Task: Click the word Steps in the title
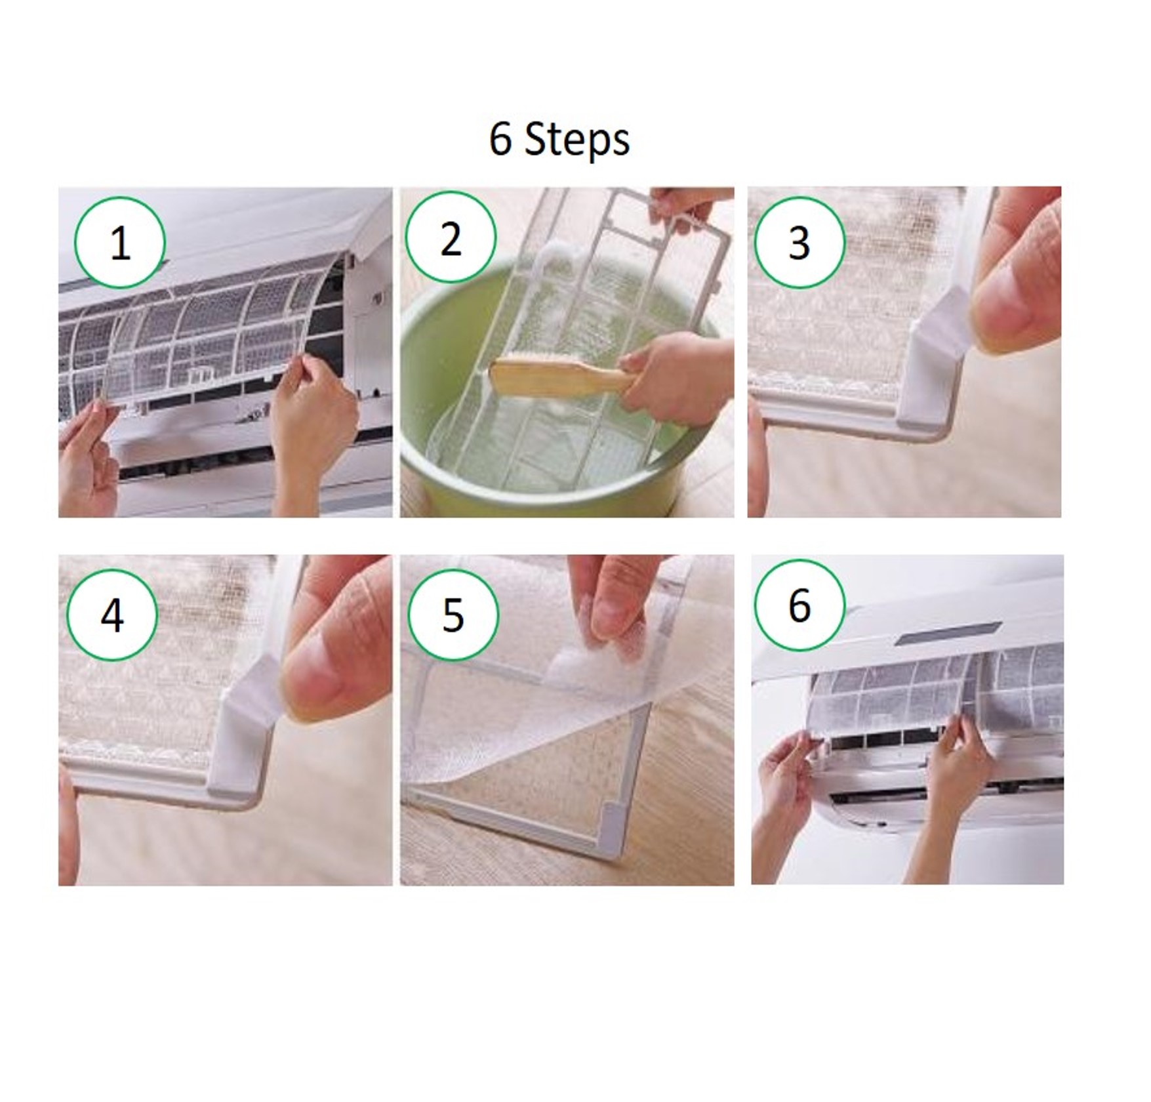click(x=577, y=140)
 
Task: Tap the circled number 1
click(x=119, y=243)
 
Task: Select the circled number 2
click(x=451, y=237)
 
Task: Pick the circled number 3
click(x=799, y=243)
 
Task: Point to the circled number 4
click(x=112, y=615)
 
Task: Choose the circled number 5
click(x=453, y=615)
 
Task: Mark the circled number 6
click(x=799, y=605)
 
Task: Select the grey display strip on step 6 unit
click(x=950, y=634)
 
